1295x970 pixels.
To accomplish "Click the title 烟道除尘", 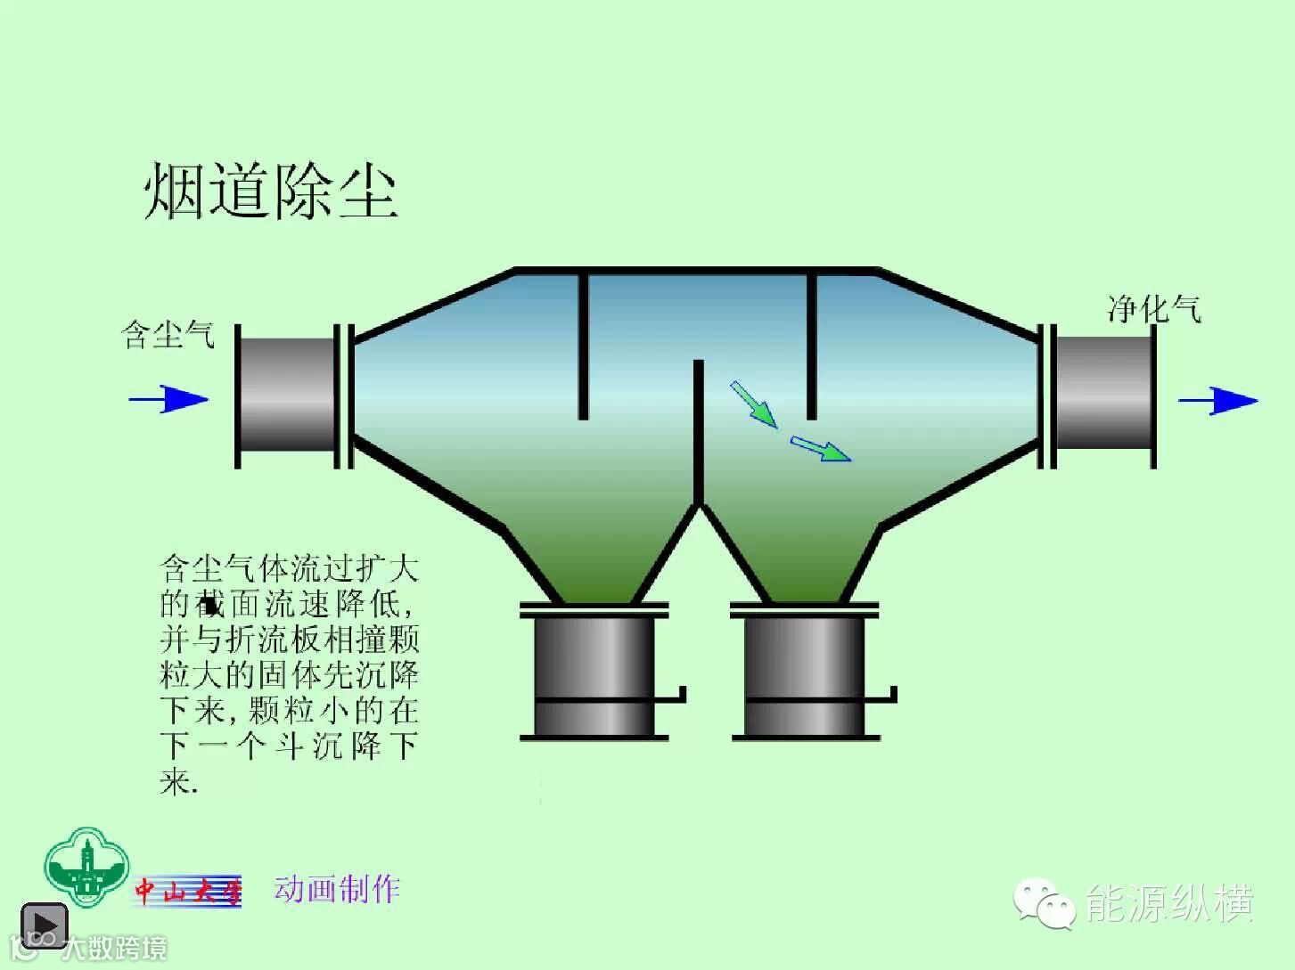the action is coord(269,191).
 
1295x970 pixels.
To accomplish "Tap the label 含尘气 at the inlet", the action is coord(168,335).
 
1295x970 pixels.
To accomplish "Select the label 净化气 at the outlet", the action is coord(1153,309).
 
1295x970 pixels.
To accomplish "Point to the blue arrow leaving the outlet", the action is coord(1217,401).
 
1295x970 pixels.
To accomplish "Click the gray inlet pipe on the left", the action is coord(287,395).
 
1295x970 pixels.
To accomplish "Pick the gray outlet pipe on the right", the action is coord(1103,393).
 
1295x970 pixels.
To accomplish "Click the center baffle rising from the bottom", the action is coord(699,432).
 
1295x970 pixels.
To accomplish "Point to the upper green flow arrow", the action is coord(753,403).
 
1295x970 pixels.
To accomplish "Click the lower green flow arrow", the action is coord(820,449).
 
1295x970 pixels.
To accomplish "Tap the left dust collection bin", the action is coord(594,672).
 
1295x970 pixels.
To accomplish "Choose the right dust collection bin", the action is coord(805,672).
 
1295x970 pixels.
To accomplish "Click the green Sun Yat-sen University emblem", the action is coord(86,867).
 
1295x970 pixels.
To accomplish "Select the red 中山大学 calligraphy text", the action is coord(188,891).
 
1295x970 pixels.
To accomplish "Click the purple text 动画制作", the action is coord(337,888).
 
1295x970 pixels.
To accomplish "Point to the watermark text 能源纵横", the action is coord(1169,903).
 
